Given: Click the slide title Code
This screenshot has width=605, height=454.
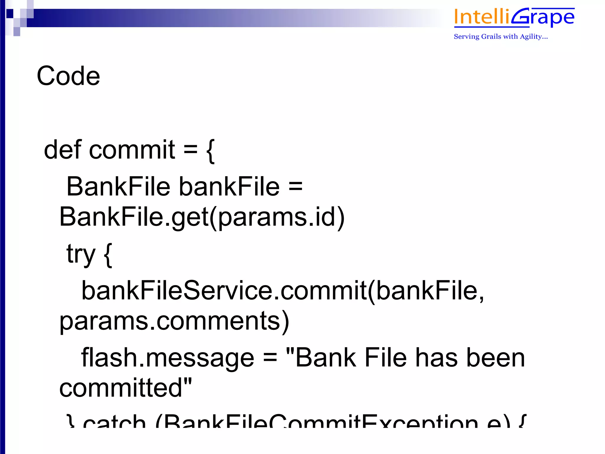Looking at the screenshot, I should [68, 76].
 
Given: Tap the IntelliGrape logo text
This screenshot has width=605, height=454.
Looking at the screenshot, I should [514, 17].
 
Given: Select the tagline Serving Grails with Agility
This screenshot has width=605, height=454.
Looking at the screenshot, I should [501, 37].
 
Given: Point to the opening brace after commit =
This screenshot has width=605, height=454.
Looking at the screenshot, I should [210, 151].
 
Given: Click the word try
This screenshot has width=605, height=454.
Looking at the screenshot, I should [81, 254].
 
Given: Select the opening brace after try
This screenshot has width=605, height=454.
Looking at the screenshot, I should [108, 255].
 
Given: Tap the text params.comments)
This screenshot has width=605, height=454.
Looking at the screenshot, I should [174, 322].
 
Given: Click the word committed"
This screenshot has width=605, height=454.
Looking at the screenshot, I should [126, 388].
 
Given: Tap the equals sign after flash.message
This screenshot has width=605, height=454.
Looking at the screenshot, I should [270, 358].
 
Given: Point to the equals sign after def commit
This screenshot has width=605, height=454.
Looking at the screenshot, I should [191, 150].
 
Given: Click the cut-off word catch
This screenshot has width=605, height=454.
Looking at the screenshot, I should [114, 421].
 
